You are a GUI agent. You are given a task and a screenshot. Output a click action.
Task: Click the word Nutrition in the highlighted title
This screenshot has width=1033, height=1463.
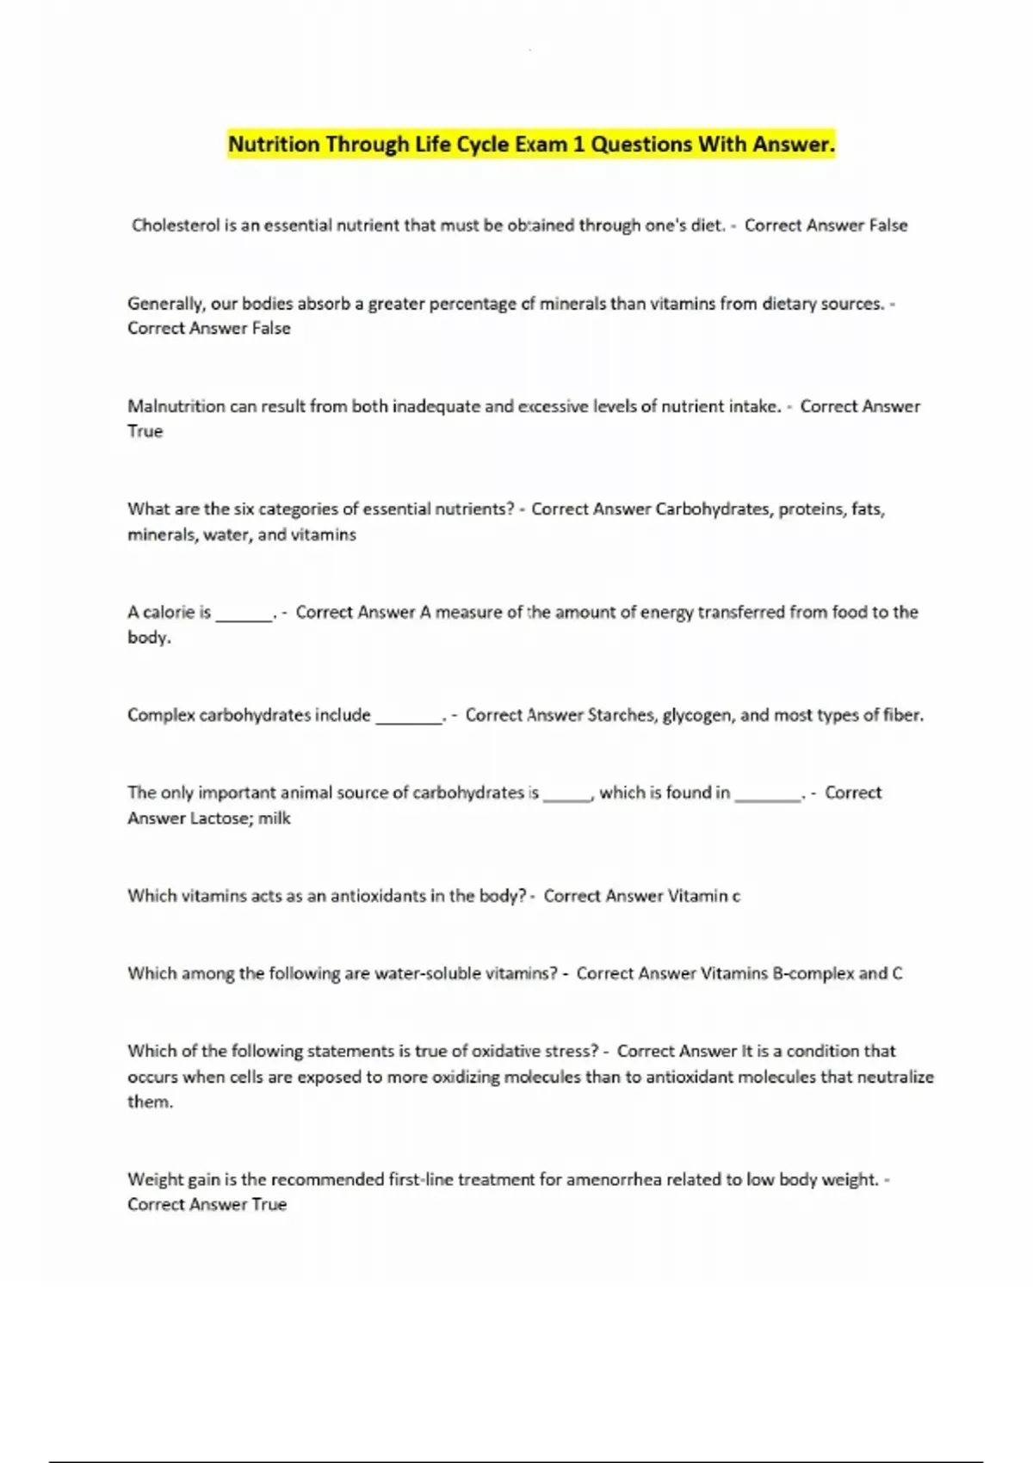[274, 145]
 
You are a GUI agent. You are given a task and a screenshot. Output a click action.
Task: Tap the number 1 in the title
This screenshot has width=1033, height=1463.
[578, 145]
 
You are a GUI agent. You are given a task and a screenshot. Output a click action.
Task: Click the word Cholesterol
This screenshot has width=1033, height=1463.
[176, 225]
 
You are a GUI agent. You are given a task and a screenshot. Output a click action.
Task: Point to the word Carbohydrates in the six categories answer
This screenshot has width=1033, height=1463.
[713, 509]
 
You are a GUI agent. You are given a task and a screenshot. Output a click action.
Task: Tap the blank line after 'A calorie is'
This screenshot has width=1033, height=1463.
[244, 616]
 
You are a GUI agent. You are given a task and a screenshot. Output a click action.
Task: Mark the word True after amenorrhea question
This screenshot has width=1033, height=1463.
[269, 1205]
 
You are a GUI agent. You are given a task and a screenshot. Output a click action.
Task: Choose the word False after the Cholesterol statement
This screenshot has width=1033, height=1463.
[888, 225]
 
